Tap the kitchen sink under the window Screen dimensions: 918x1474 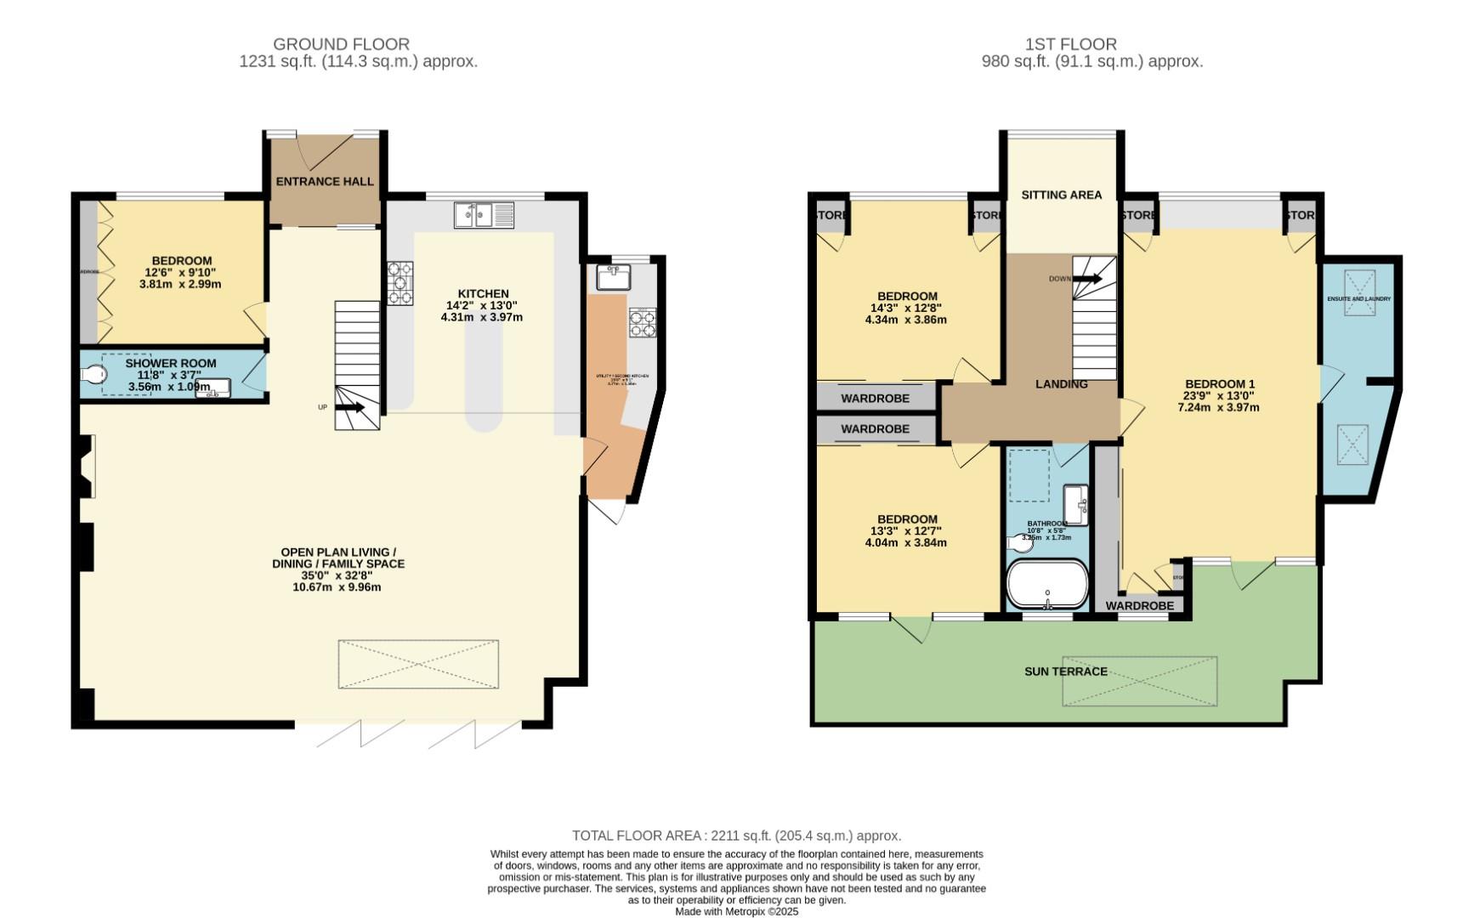tap(484, 215)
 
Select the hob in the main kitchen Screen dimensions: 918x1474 tap(400, 283)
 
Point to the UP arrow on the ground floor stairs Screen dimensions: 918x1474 tap(350, 408)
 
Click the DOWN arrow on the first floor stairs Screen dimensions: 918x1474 tap(1087, 279)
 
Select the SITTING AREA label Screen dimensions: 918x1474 tap(1061, 195)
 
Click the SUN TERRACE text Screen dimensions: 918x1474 tap(1065, 671)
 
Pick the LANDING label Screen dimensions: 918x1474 tap(1061, 384)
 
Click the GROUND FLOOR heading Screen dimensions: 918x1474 tap(341, 43)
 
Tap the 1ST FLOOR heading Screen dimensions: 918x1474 tap(1070, 43)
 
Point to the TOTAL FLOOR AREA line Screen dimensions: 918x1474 tap(736, 836)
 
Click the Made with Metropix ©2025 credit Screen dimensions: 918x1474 tap(736, 911)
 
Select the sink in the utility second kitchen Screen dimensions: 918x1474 tap(612, 276)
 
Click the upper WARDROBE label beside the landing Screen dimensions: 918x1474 tap(875, 398)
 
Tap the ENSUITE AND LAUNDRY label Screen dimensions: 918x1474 tap(1358, 299)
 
